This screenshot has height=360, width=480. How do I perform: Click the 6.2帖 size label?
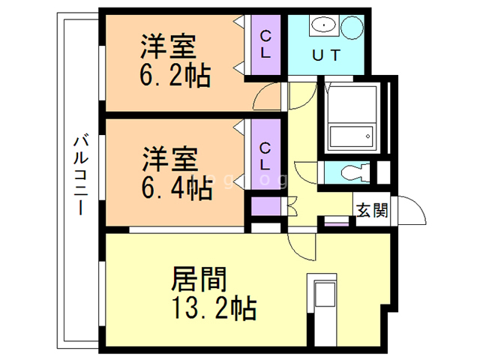(x=173, y=75)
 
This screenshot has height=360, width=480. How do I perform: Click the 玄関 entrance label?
(x=372, y=210)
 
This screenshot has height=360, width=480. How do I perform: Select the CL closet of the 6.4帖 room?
(x=265, y=155)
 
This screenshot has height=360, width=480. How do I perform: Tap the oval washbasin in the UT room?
(x=323, y=25)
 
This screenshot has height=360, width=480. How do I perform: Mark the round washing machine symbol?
(x=350, y=28)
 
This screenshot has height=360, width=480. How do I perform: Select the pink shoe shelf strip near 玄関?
(x=336, y=223)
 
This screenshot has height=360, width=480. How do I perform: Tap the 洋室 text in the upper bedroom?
(x=170, y=46)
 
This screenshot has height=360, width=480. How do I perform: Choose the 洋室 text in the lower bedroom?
(x=170, y=160)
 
